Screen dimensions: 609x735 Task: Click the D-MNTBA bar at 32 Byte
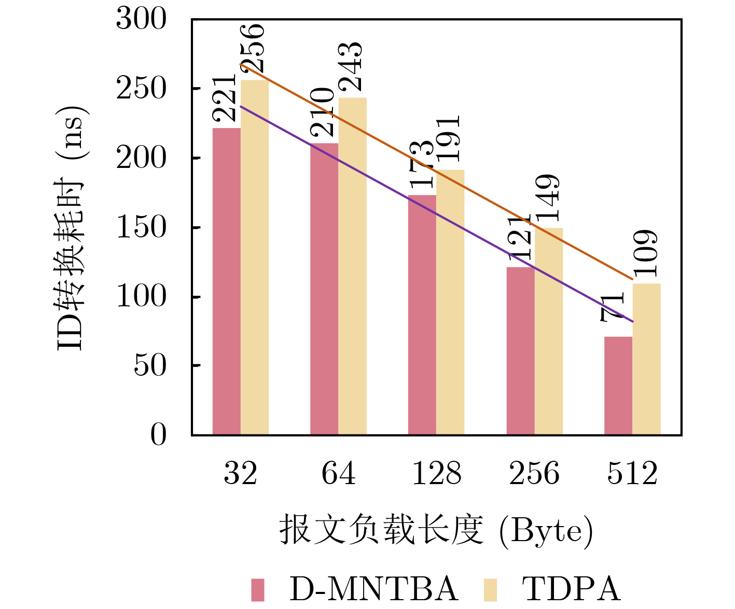click(x=227, y=281)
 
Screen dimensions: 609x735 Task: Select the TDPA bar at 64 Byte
click(x=353, y=266)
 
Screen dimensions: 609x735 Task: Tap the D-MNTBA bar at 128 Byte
click(x=422, y=315)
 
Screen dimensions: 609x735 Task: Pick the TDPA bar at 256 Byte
click(x=549, y=331)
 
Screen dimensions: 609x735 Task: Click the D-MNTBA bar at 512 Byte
click(x=618, y=386)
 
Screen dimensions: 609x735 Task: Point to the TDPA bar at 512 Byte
click(x=647, y=359)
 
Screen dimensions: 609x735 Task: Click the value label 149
click(x=548, y=198)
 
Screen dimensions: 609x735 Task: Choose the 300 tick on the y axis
click(x=141, y=20)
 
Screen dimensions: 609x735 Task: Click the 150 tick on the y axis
click(x=141, y=228)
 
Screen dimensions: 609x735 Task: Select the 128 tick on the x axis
click(x=436, y=474)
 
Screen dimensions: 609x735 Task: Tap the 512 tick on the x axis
click(x=632, y=474)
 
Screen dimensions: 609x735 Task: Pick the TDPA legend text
click(x=571, y=589)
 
